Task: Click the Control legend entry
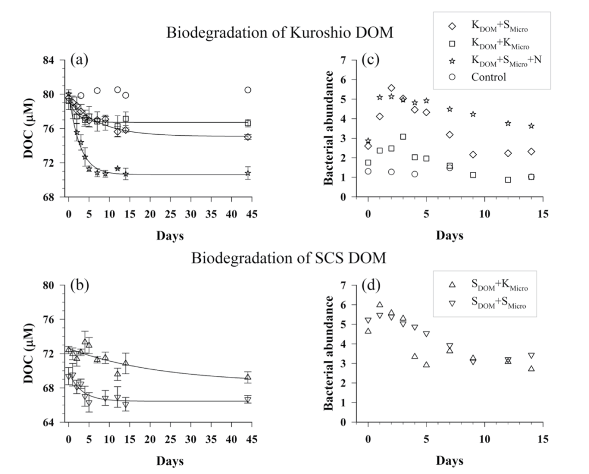[x=489, y=77]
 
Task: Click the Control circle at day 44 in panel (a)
[x=248, y=90]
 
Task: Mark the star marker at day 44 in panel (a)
[x=248, y=174]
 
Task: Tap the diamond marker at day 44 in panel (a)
[x=248, y=137]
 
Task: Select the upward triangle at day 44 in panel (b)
[x=248, y=377]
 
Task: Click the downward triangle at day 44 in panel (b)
[x=248, y=400]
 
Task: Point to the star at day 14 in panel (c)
[x=531, y=126]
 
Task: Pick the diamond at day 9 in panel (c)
[x=473, y=155]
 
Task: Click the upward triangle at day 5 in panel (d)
[x=426, y=364]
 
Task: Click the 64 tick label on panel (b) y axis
[x=53, y=423]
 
